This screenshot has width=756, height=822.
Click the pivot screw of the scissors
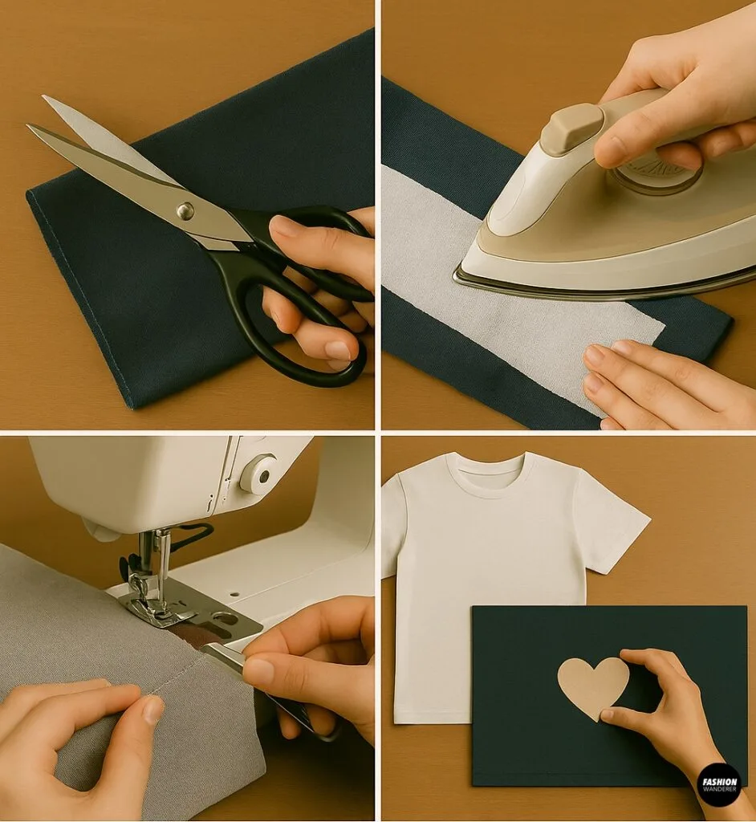pos(185,211)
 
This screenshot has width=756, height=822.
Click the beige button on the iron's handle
pos(571,128)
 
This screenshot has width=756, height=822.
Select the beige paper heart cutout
pos(592,686)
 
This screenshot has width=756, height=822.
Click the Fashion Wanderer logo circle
pos(718,784)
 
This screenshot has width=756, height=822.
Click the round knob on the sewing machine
pos(258,474)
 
